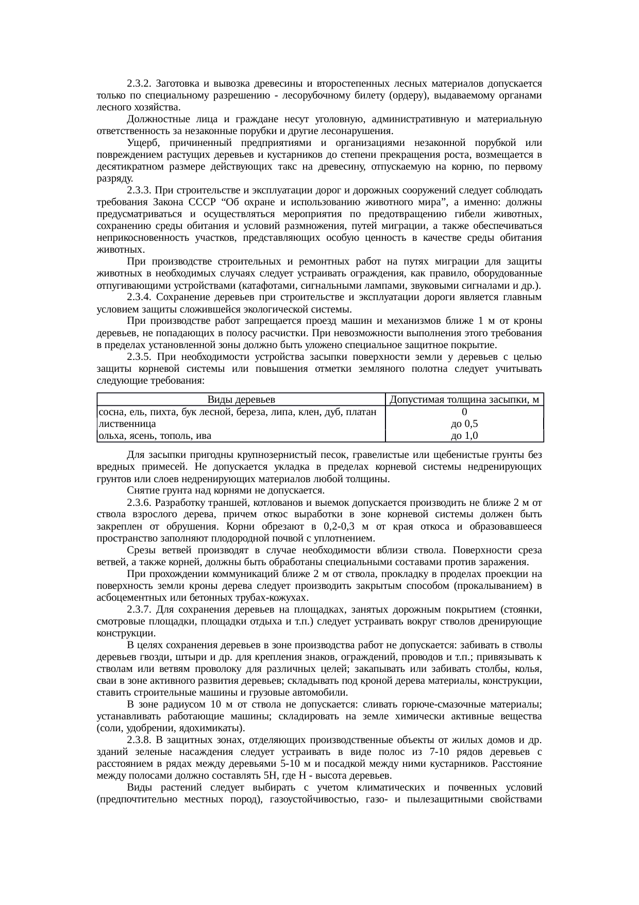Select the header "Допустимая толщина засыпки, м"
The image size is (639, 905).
click(464, 400)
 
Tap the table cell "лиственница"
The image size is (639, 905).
click(127, 424)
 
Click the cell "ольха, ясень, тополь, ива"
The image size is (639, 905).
click(155, 436)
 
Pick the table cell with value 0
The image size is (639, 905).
click(464, 412)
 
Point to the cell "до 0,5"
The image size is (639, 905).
click(464, 424)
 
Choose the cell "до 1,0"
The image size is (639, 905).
click(464, 436)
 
